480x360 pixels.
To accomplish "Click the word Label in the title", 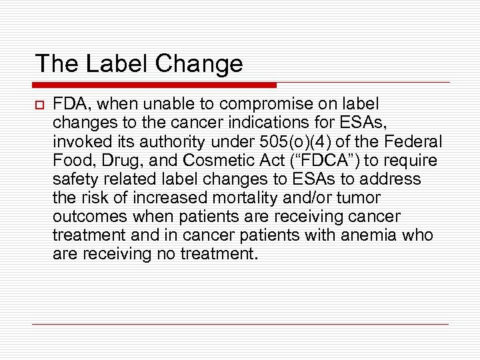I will coord(114,63).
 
